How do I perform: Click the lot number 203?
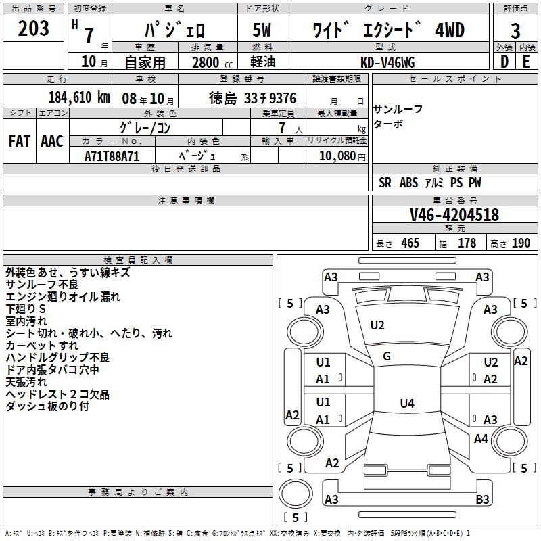[x=33, y=29]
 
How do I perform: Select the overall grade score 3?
[x=515, y=30]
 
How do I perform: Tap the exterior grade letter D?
[x=504, y=62]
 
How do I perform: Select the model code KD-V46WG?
[x=387, y=62]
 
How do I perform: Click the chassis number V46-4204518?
[x=454, y=215]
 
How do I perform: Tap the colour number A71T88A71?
[x=113, y=156]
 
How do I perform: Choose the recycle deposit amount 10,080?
[x=336, y=156]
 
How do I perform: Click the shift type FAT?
[x=20, y=141]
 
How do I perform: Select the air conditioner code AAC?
[x=51, y=141]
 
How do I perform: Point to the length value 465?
[x=410, y=243]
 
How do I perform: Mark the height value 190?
[x=521, y=243]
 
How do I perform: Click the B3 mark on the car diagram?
[x=482, y=500]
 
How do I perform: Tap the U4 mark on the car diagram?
[x=406, y=404]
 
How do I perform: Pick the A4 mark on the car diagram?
[x=481, y=439]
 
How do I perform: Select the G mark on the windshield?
[x=387, y=356]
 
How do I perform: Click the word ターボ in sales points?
[x=388, y=124]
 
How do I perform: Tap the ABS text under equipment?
[x=409, y=183]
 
